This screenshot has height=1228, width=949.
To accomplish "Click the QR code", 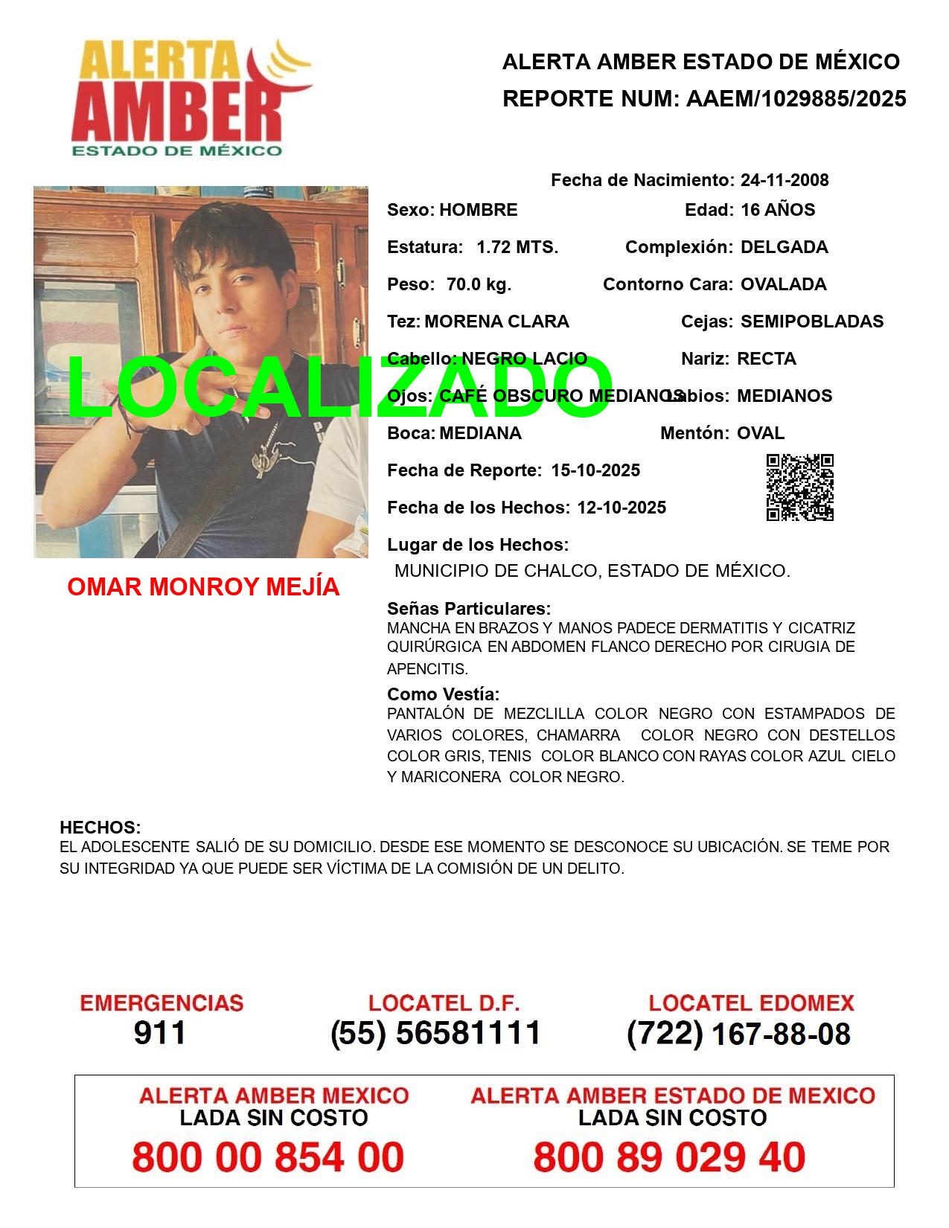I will tap(800, 487).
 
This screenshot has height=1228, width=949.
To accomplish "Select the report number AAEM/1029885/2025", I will tap(796, 99).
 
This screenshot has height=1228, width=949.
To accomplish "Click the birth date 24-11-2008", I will tap(785, 180).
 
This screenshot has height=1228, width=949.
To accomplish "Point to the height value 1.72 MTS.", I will tap(517, 247).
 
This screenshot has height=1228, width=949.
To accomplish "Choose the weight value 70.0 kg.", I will tap(479, 284).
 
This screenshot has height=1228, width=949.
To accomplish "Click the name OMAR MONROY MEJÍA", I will tap(203, 587).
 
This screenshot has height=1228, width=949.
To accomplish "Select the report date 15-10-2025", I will tap(595, 470).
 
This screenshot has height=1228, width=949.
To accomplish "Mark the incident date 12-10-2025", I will tap(622, 508).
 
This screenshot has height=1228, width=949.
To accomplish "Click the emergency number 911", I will tap(160, 1033).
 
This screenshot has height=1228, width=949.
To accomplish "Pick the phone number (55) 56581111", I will tap(436, 1033).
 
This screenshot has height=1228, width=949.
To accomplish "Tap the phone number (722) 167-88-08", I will tap(738, 1034).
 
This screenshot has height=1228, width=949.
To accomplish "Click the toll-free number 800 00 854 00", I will tap(268, 1157).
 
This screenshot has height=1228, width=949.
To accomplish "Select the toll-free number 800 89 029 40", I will tap(669, 1157).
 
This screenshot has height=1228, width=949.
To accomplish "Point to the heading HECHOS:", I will tap(100, 828).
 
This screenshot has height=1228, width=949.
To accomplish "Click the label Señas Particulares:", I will tap(469, 609).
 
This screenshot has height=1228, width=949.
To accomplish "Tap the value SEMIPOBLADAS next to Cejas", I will tap(812, 322).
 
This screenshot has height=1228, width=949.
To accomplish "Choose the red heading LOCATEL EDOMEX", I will tap(751, 1003).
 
